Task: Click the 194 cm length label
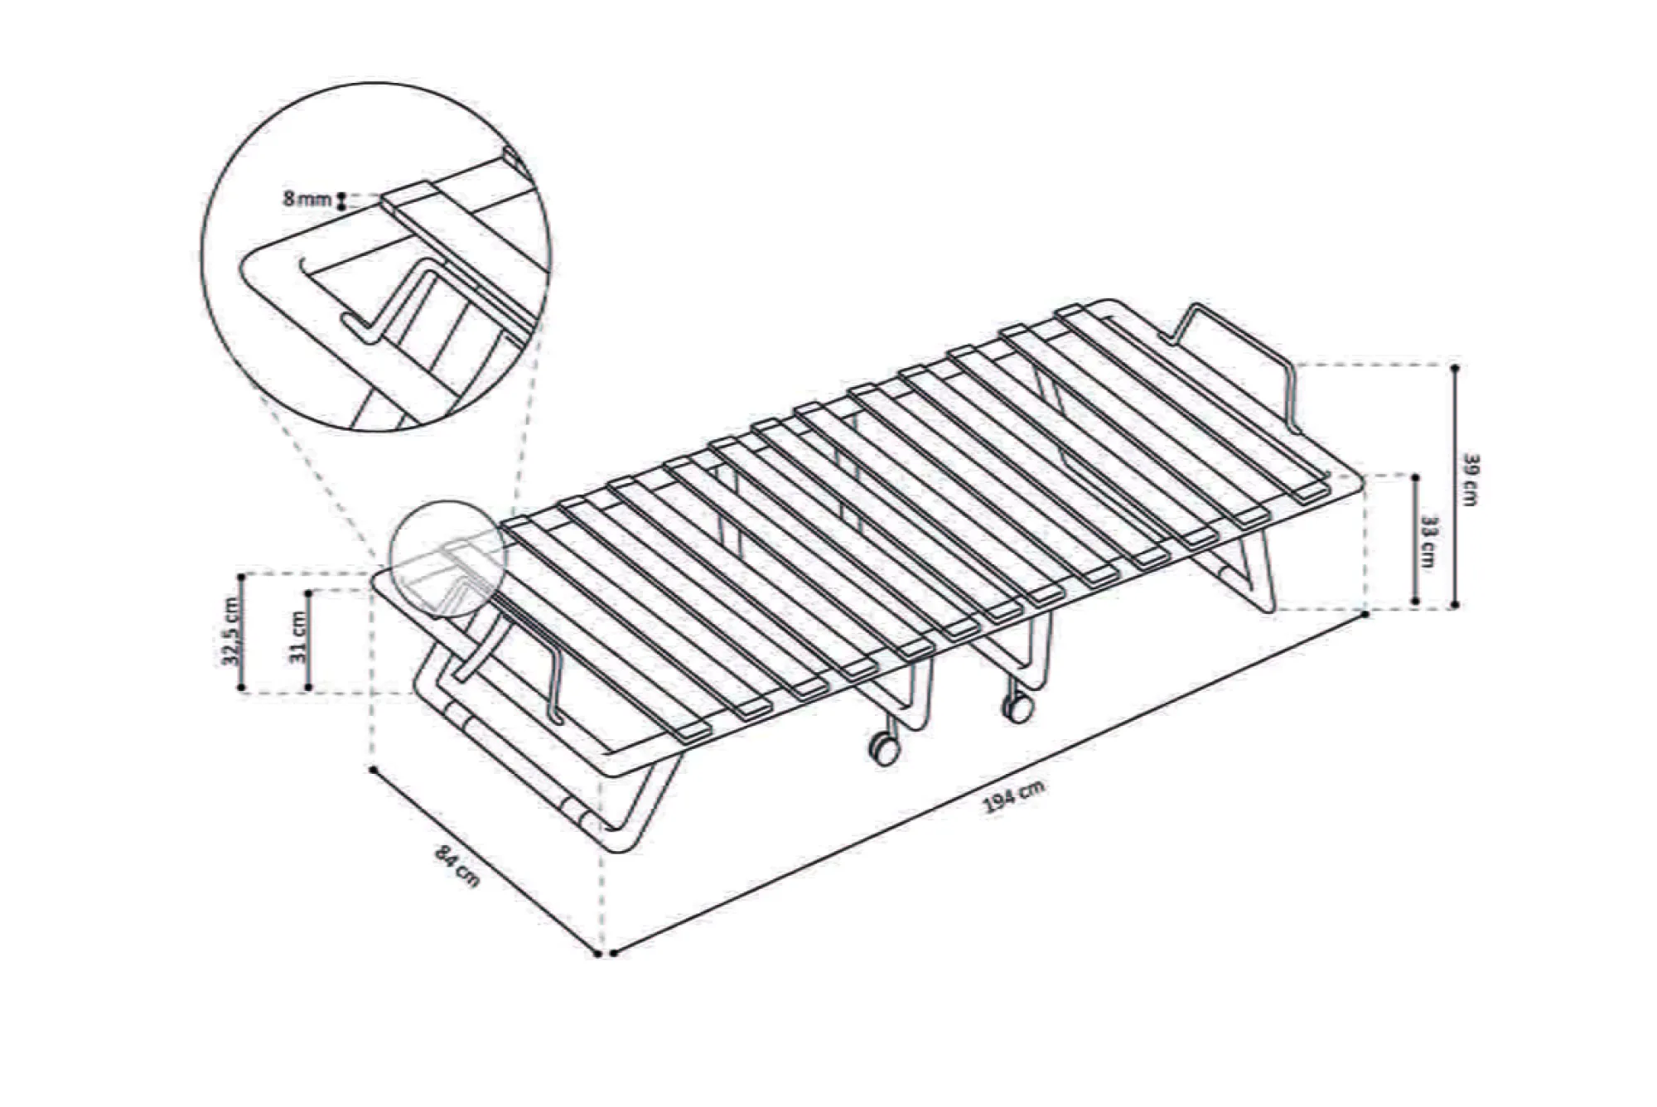pos(1013,796)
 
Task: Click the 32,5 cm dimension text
pos(234,631)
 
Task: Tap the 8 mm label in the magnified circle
pos(307,199)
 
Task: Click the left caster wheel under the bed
pos(883,747)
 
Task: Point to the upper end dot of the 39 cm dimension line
pos(1455,366)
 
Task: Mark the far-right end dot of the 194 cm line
pos(1366,615)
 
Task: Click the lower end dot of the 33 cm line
pos(1415,602)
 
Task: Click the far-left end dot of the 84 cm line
pos(374,770)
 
